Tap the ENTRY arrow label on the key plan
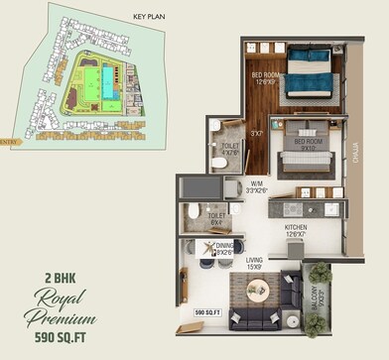pos(10,142)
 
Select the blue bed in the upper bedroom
pos(311,73)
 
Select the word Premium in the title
pos(62,318)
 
